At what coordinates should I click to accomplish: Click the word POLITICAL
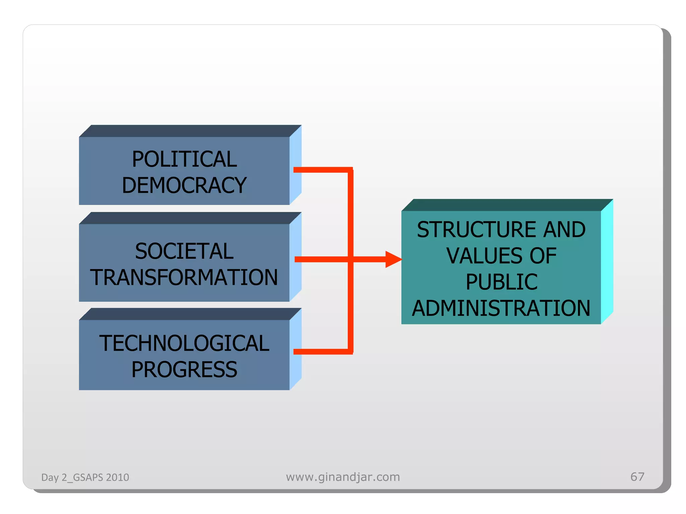click(x=184, y=159)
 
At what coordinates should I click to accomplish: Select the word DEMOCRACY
click(x=184, y=185)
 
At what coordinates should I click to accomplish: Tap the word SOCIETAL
click(x=184, y=251)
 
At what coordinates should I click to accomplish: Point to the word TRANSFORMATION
click(x=184, y=277)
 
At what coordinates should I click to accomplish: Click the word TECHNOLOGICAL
click(x=184, y=343)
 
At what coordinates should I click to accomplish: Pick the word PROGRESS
click(x=184, y=369)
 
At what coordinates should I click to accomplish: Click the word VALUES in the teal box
click(x=484, y=256)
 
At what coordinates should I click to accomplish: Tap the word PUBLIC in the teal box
click(x=501, y=282)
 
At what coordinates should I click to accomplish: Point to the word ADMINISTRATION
click(x=501, y=308)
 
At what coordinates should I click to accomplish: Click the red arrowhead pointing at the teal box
click(x=393, y=259)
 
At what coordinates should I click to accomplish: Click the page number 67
click(x=637, y=477)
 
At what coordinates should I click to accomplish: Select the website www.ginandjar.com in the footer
click(x=343, y=477)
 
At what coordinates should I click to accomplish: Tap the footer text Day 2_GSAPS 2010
click(x=85, y=477)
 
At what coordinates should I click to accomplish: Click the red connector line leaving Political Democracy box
click(x=322, y=170)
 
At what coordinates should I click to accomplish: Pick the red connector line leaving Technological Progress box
click(x=322, y=351)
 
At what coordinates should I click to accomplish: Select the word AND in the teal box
click(x=564, y=230)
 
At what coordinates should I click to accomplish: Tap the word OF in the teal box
click(x=543, y=256)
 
